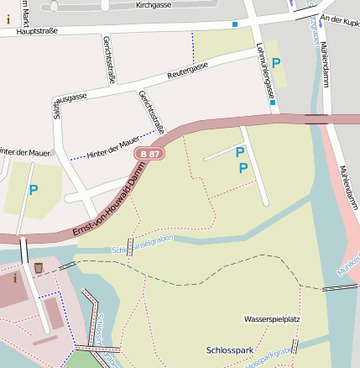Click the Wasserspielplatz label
tap(272, 320)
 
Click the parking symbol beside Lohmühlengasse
tap(275, 63)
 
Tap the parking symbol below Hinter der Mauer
tap(34, 190)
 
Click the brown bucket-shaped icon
tap(39, 267)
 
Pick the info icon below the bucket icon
tap(14, 278)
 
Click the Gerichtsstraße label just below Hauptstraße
tap(108, 53)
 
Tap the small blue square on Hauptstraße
tap(235, 24)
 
